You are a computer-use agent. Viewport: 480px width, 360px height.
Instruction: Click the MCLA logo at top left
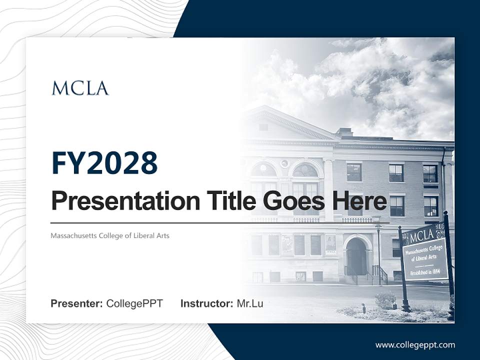click(80, 88)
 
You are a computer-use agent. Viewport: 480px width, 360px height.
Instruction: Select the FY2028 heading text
click(104, 163)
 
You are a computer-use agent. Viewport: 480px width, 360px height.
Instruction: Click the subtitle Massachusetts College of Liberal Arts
click(110, 235)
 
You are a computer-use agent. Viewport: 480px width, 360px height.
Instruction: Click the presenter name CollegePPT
click(134, 303)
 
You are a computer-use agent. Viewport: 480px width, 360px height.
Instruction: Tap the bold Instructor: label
click(206, 303)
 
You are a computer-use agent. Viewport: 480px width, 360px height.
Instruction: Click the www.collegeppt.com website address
click(415, 344)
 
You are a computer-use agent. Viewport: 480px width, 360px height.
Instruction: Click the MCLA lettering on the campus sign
click(421, 235)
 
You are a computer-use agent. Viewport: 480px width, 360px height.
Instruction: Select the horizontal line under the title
click(220, 222)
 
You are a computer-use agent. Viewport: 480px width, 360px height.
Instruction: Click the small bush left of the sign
click(385, 299)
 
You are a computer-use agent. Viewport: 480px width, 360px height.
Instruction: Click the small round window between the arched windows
click(284, 163)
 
